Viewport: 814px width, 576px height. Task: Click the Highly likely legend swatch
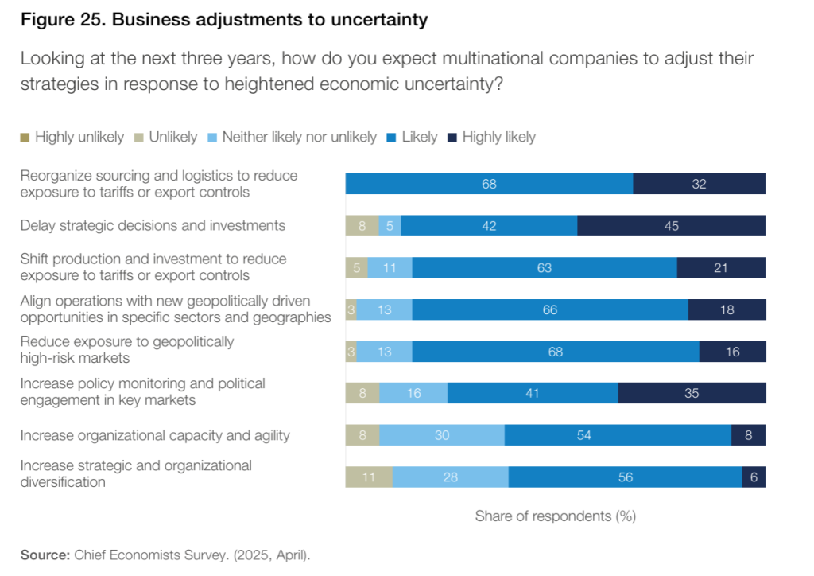[452, 138]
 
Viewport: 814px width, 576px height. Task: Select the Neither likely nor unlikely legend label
[299, 137]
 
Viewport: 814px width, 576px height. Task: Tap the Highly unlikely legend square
[25, 138]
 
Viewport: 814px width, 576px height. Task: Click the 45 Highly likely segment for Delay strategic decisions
[671, 226]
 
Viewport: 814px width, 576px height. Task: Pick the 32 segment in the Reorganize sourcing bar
[699, 184]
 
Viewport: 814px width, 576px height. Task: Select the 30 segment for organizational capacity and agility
[442, 435]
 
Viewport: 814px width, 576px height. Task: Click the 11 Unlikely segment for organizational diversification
[369, 477]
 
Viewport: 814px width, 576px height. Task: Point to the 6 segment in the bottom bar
[754, 477]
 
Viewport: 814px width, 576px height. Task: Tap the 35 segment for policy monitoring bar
[692, 393]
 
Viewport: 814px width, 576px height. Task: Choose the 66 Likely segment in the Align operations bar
[550, 309]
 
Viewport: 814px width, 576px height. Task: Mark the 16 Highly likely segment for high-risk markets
[732, 352]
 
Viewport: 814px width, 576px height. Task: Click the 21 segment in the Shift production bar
[721, 268]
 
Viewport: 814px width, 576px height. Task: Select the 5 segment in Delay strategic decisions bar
[390, 226]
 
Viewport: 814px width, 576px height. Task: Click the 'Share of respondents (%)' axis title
[555, 516]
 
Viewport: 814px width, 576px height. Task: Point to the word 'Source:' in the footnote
[45, 555]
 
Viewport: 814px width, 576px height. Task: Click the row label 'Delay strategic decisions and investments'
[153, 225]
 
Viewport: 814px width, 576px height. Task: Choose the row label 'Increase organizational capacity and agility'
[155, 435]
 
